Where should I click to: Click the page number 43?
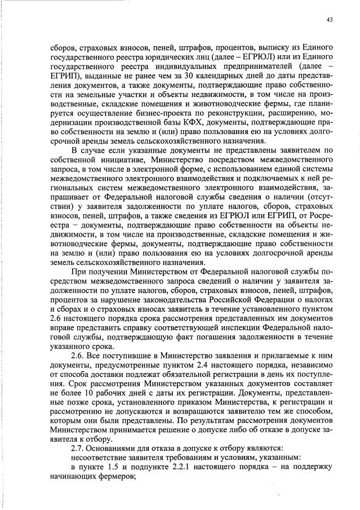pyautogui.click(x=330, y=20)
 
